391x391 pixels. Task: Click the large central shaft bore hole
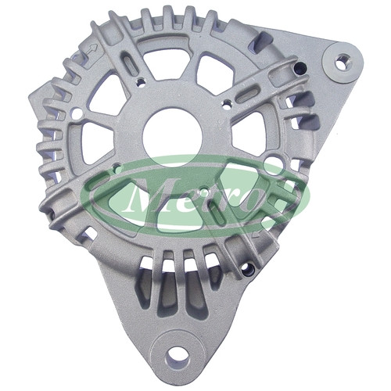coord(172,138)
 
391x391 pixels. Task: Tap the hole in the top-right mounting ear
coord(343,62)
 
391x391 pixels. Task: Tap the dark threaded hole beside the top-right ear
coord(301,67)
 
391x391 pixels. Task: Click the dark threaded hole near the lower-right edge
coord(247,269)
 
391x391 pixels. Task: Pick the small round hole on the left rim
coord(77,113)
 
